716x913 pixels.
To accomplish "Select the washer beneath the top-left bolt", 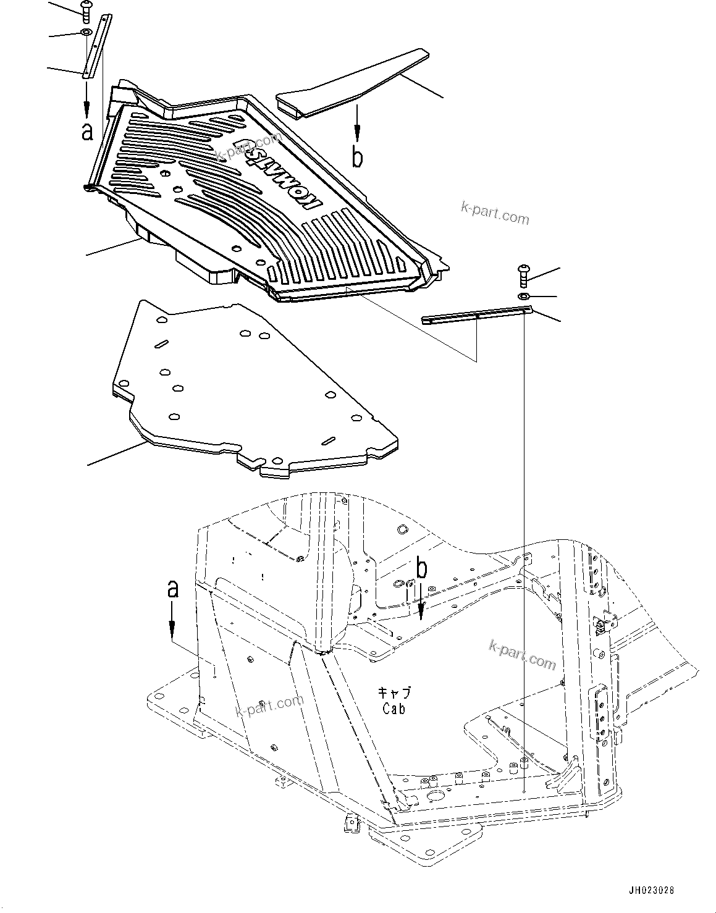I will pos(86,32).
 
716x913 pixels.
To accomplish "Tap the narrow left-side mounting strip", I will pos(97,46).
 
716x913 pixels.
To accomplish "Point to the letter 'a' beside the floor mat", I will pos(88,131).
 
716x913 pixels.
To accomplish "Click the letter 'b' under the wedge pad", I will pos(357,156).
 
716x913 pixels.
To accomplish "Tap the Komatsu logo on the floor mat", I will pos(278,176).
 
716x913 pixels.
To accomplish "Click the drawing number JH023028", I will pos(651,890).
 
